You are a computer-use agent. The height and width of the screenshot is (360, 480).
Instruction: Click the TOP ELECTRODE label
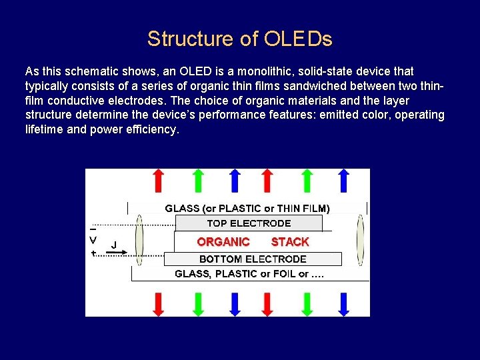pos(249,223)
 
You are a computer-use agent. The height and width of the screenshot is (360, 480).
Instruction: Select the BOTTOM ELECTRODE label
pos(253,259)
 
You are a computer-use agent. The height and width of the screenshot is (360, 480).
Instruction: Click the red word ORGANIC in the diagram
pos(223,242)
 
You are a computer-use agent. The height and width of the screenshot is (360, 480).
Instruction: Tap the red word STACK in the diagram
pos(290,242)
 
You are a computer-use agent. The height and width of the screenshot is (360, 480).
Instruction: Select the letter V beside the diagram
pos(93,240)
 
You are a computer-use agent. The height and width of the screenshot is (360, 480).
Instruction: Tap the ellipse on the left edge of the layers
pos(139,240)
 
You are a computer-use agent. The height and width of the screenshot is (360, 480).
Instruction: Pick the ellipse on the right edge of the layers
pos(360,240)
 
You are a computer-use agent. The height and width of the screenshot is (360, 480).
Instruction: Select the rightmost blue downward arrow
pos(344,303)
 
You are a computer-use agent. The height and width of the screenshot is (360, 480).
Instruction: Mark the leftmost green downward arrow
pos(197,303)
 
